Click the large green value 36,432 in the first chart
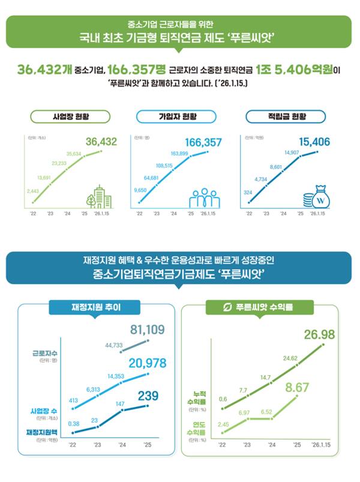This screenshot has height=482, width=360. point(101,142)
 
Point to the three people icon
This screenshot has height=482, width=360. point(205,197)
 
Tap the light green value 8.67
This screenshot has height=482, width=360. point(297,388)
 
